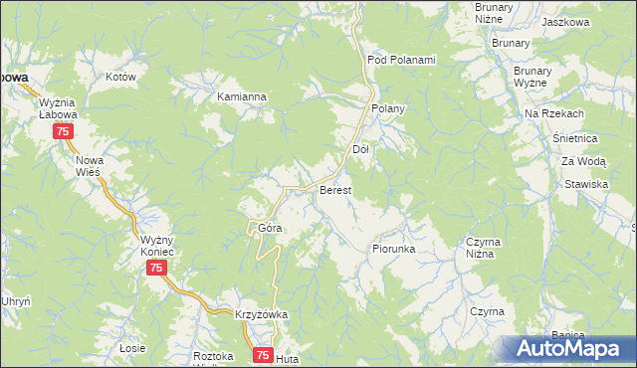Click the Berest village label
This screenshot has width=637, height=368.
pyautogui.click(x=333, y=189)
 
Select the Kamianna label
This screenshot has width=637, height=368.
pyautogui.click(x=242, y=97)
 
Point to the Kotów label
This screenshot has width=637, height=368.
pyautogui.click(x=119, y=76)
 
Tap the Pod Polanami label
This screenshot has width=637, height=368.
pyautogui.click(x=402, y=59)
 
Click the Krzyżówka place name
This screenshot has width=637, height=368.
pyautogui.click(x=261, y=314)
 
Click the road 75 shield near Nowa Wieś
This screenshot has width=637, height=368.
pyautogui.click(x=63, y=132)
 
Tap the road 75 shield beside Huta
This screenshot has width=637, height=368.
pyautogui.click(x=263, y=354)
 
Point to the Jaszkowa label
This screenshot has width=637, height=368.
pyautogui.click(x=567, y=22)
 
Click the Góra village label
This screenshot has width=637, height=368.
pyautogui.click(x=271, y=228)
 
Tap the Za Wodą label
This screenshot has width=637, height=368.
pyautogui.click(x=583, y=160)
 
